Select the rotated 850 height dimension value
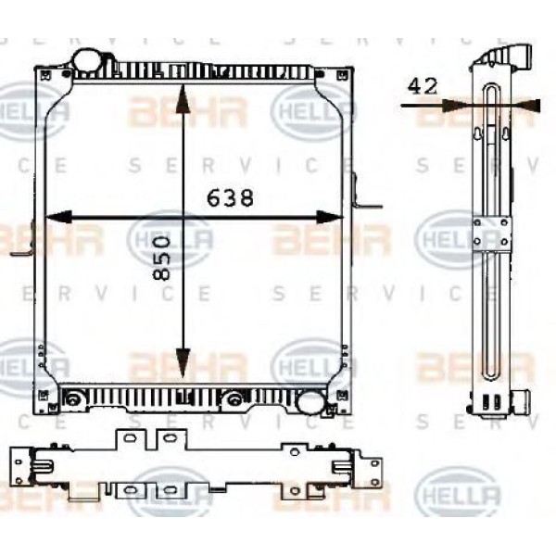coord(161,259)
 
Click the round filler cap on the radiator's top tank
coord(90,59)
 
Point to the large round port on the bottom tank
coord(310,403)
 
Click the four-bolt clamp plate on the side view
coord(491,234)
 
